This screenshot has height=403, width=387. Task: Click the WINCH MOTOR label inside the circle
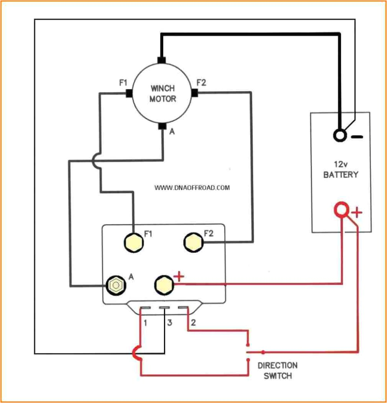coord(162,93)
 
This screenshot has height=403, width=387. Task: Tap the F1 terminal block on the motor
coord(128,93)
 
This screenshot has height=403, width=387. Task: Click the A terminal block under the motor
coord(162,126)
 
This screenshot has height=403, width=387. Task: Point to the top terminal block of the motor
coord(161,60)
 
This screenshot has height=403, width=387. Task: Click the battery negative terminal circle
coord(340,136)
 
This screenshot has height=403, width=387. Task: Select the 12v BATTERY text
coord(341,169)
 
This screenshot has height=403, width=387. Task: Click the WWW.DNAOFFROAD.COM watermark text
coord(192,188)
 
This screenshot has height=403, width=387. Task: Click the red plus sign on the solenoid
coord(179,277)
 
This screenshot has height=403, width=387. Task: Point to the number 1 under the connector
coord(146,323)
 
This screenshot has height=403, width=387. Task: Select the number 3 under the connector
coord(170,323)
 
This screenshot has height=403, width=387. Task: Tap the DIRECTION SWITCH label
coord(278,370)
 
